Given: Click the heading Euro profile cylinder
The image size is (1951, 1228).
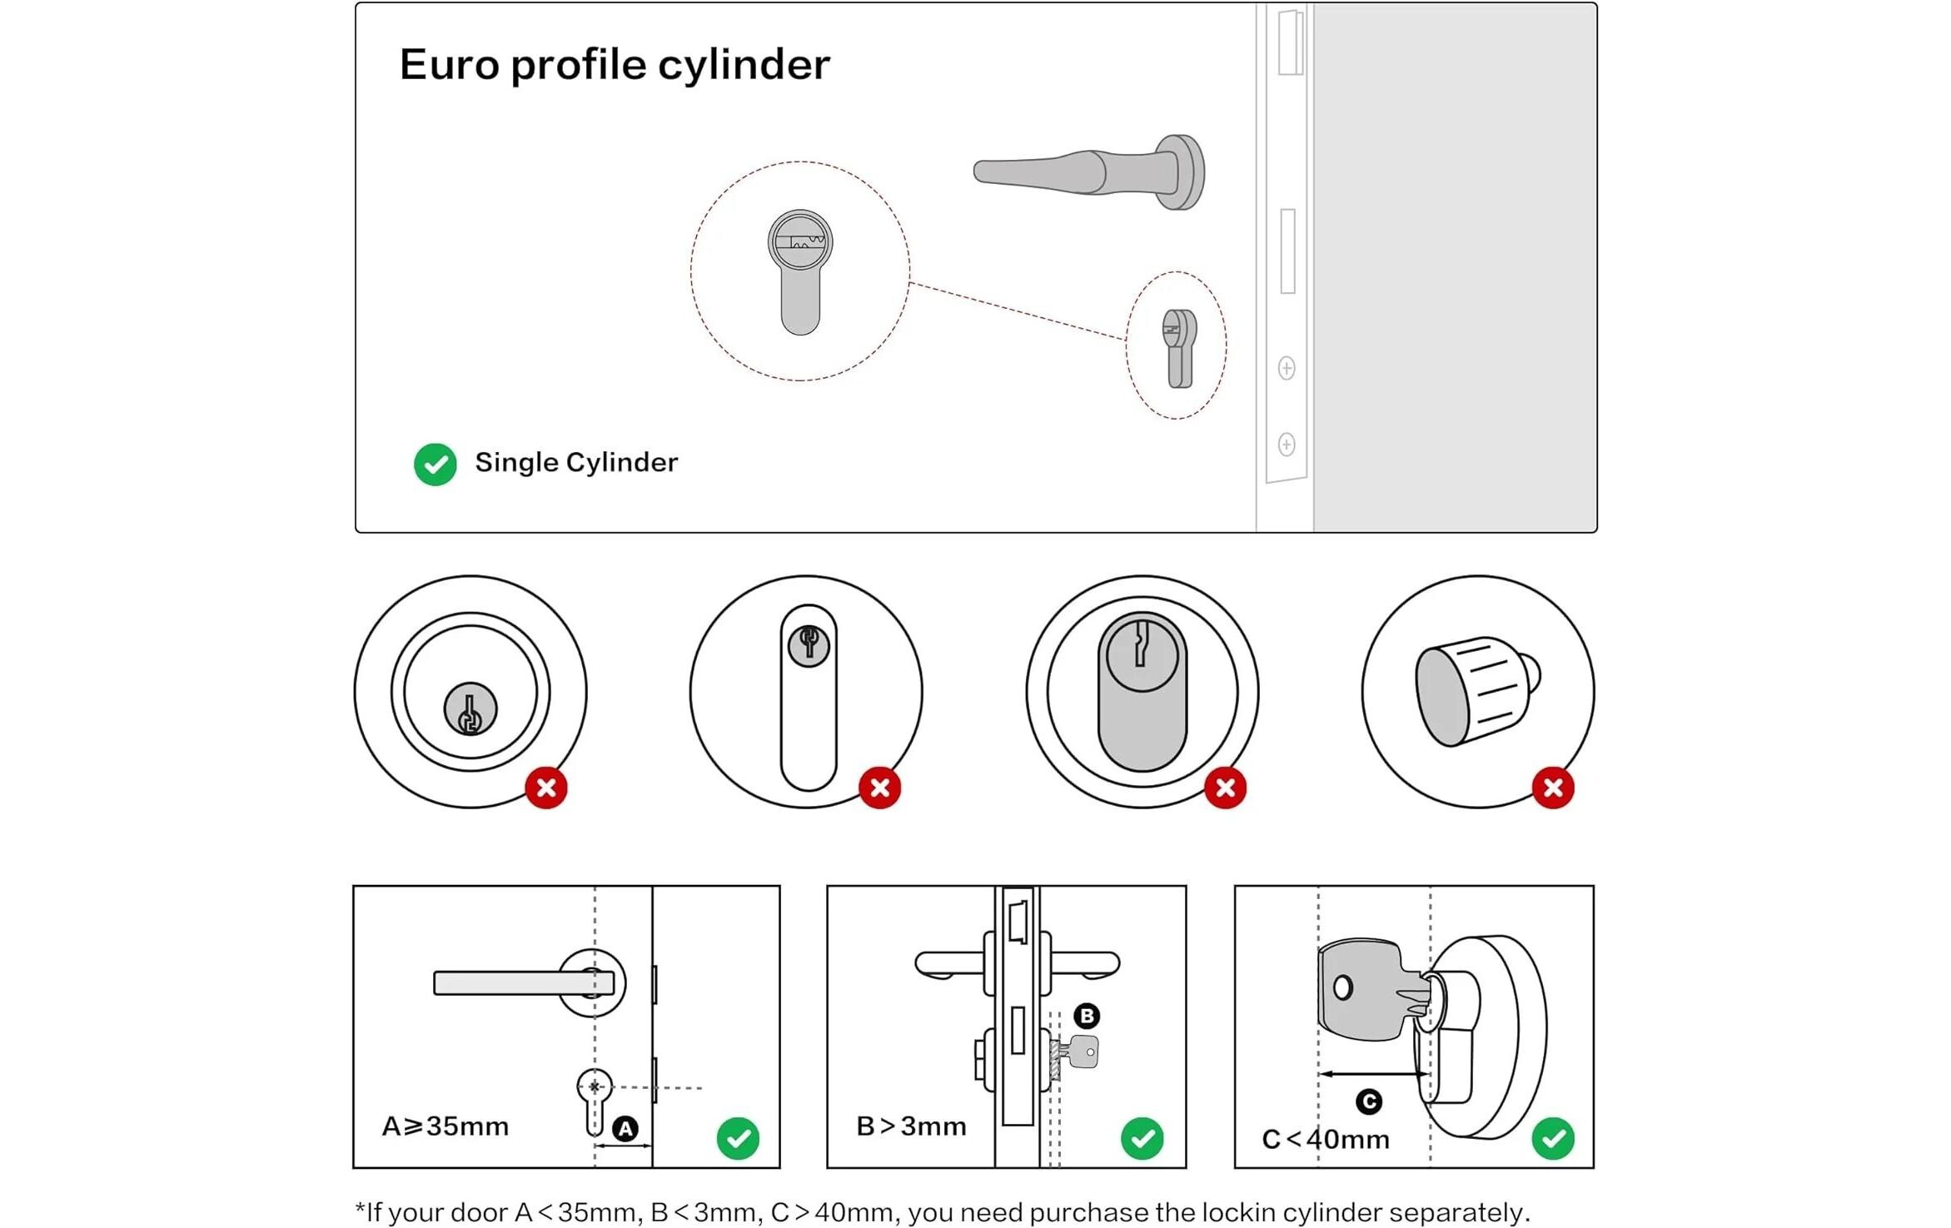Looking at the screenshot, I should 615,65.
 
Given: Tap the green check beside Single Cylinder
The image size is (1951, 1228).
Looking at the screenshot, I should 435,464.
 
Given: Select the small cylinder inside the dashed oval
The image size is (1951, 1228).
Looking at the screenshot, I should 1179,348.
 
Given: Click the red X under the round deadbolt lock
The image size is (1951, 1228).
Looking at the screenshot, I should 546,788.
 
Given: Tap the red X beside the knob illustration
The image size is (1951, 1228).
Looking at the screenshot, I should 1553,788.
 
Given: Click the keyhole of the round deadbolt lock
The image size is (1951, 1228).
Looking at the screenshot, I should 470,710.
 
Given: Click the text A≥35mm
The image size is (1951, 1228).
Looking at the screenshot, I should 445,1126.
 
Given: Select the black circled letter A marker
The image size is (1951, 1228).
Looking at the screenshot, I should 625,1129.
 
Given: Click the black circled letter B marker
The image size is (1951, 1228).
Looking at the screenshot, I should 1087,1016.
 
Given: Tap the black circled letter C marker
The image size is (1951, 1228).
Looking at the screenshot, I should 1369,1102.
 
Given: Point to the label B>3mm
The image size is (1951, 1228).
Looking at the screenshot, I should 912,1126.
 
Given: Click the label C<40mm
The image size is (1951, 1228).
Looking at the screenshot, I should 1326,1139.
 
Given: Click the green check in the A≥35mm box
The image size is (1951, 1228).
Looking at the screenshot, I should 738,1138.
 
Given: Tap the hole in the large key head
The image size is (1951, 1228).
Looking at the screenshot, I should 1342,988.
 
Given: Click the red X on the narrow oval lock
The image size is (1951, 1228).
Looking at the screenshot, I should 880,788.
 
